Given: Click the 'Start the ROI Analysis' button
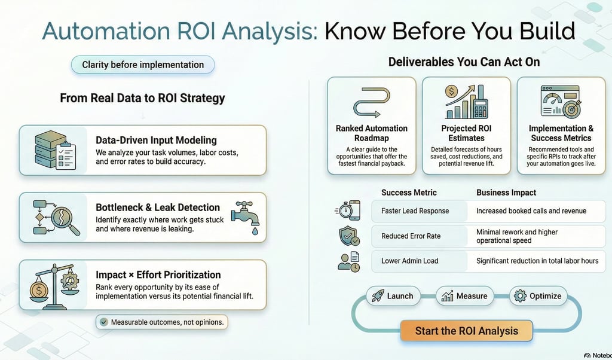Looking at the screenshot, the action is [466, 331].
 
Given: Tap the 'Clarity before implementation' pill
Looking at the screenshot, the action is [143, 65].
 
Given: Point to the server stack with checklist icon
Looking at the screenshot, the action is [55, 150].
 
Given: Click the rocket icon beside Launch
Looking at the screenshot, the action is [378, 295].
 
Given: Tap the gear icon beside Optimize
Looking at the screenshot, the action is [520, 295].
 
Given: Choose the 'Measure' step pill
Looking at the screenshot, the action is [464, 296].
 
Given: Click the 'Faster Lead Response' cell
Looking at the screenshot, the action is [419, 211].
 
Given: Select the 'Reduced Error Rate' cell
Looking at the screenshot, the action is [419, 236].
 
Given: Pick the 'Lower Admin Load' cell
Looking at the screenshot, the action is [419, 261].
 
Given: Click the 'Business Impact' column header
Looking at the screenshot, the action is [506, 193].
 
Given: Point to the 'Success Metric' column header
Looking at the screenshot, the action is [409, 193].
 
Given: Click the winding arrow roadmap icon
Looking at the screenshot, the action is [372, 102].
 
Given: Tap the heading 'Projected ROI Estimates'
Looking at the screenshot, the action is [466, 133].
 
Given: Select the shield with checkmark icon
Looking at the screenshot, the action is [349, 236].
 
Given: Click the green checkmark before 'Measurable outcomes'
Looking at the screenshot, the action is [103, 322].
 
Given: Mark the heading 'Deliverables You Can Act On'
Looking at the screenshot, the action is [464, 62].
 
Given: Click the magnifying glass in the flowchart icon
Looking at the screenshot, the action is [64, 219].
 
